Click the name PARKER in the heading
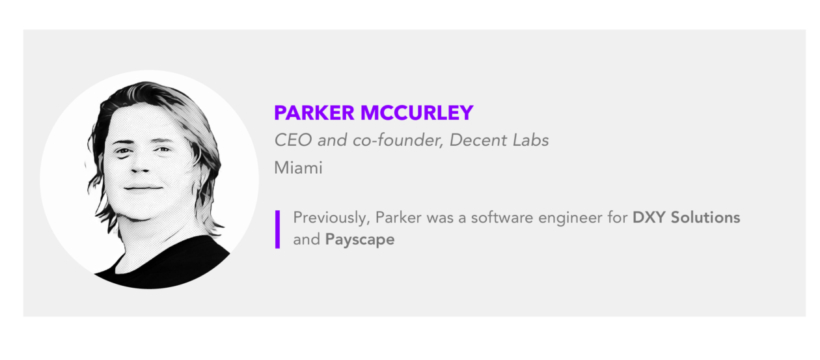point(314,113)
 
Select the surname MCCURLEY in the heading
point(417,113)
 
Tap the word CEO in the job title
point(293,140)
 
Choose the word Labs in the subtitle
point(530,140)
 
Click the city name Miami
point(298,168)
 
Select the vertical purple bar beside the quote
point(277,229)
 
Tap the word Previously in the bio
point(331,218)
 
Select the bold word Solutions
point(705,217)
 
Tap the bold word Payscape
point(360,240)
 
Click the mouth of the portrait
point(143,188)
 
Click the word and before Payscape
point(307,240)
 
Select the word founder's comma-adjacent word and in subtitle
point(332,140)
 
